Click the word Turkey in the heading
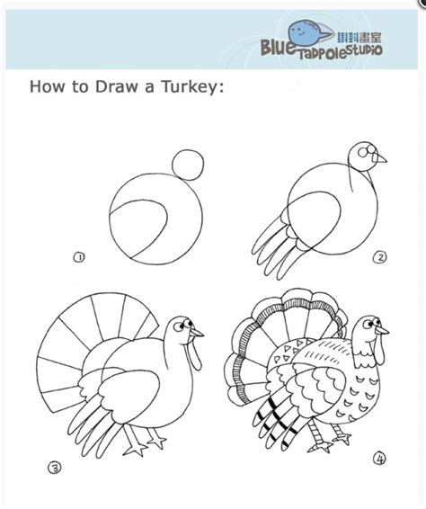pos(194,87)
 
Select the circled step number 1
pos(79,257)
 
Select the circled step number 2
pos(381,256)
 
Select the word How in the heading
pos(45,87)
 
